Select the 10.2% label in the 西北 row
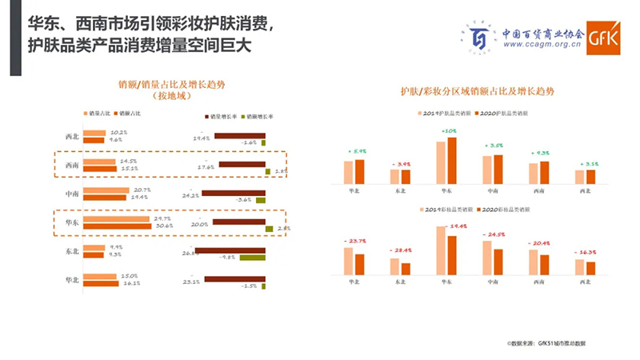118,132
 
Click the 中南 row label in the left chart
72,194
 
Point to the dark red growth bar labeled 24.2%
232,193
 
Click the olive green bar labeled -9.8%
252,258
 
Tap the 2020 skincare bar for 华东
453,161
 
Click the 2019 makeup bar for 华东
441,250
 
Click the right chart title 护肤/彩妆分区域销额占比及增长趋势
478,92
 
